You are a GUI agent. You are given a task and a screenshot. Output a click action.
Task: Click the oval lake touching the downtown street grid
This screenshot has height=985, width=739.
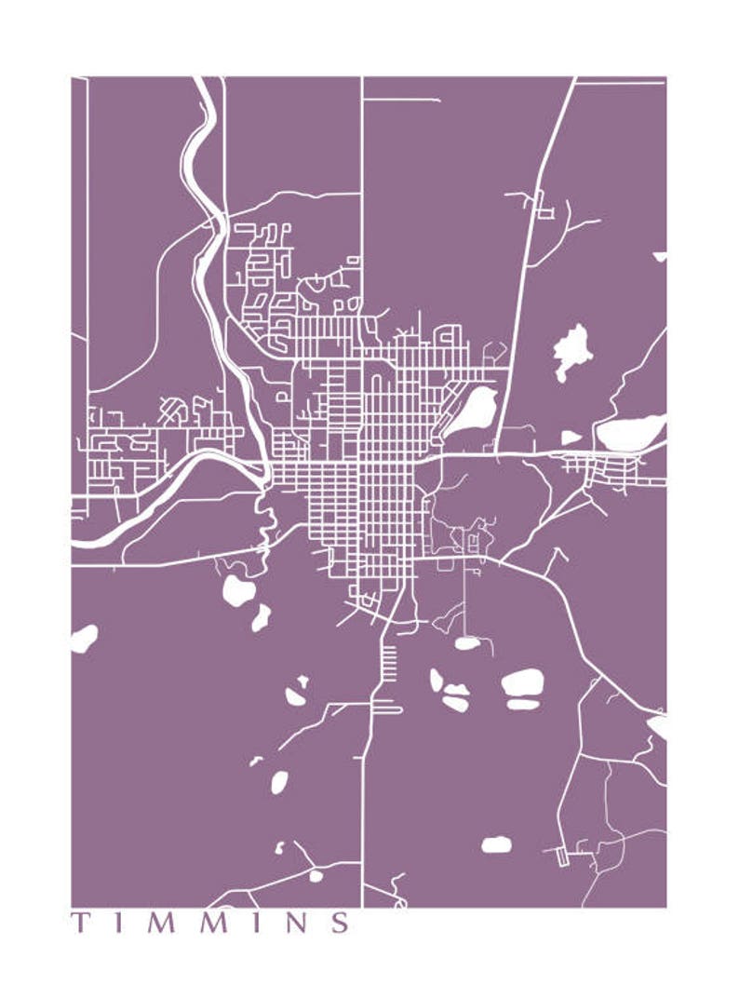[474, 410]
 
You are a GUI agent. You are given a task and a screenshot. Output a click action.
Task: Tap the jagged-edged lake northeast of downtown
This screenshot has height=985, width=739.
[571, 350]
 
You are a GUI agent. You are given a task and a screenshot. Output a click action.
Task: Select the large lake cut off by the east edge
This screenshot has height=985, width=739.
[631, 432]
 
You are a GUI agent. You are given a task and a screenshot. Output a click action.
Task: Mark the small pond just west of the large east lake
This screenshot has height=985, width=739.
[571, 437]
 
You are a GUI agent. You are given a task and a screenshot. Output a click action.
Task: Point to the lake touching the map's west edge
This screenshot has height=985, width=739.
[83, 639]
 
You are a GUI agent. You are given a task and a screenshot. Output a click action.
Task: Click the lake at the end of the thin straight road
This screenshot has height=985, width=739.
[467, 642]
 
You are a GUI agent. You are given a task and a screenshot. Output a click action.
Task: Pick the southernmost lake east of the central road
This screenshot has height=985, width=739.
[496, 844]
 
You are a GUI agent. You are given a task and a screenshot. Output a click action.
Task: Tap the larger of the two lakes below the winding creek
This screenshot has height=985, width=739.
[237, 590]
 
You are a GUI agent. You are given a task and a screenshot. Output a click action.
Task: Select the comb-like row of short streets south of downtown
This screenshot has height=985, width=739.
[389, 663]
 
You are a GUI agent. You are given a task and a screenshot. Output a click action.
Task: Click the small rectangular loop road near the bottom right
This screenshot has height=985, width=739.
[562, 857]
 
